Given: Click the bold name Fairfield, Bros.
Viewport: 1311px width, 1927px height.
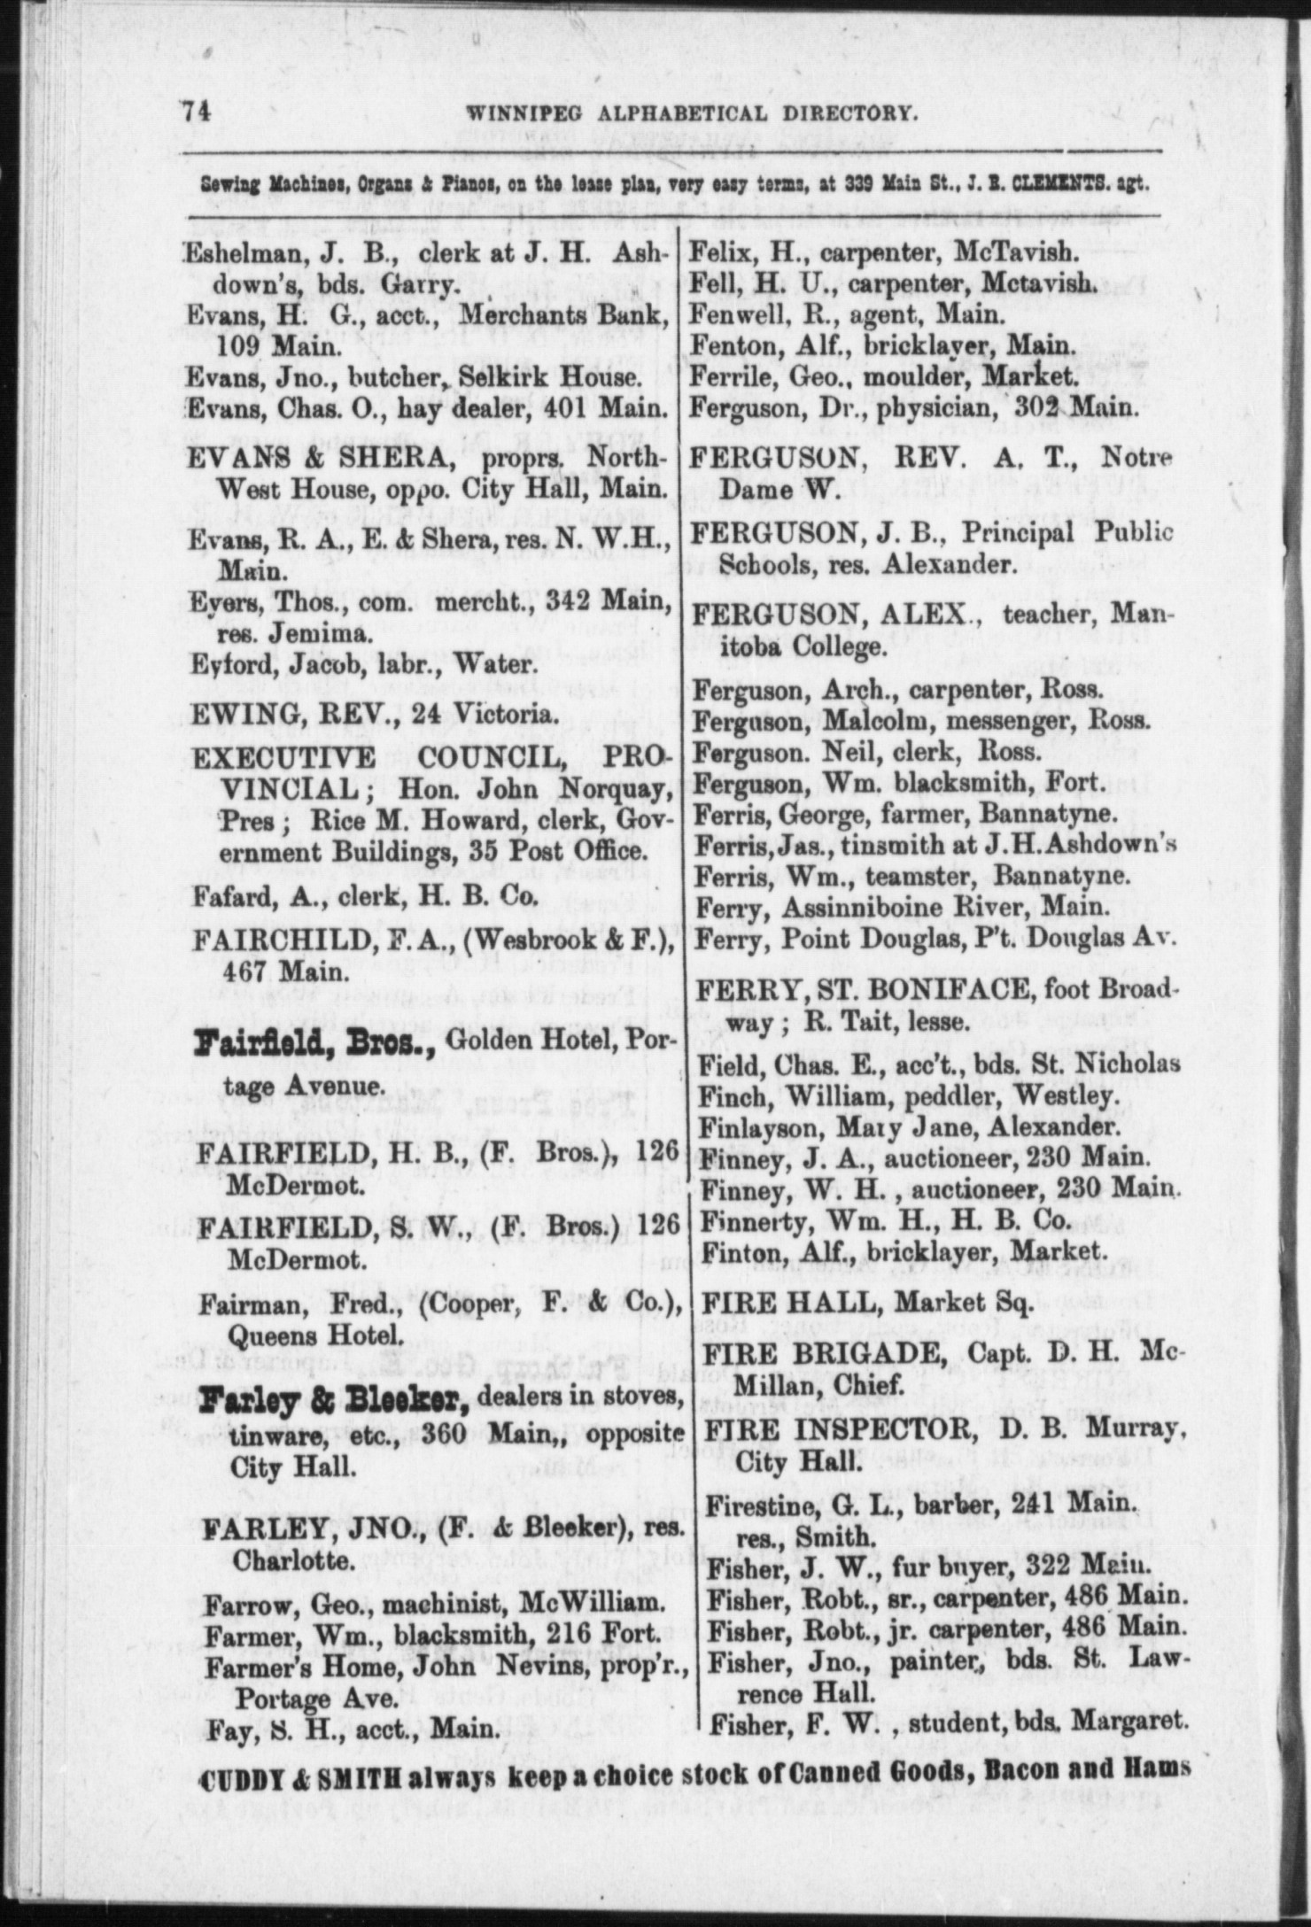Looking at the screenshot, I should (x=315, y=1049).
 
